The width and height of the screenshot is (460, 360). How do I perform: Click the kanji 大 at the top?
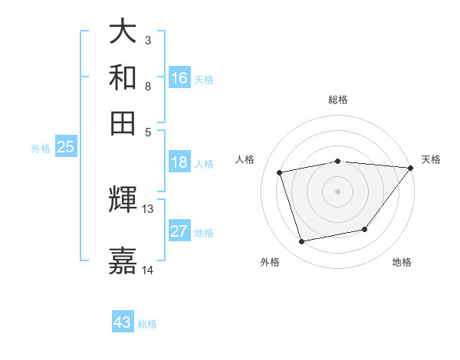point(123,31)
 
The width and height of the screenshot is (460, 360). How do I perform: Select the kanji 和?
point(123,77)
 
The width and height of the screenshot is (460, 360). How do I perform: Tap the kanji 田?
point(123,123)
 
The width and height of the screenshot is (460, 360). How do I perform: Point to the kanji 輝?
point(123,200)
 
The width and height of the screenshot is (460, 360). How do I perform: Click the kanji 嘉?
point(123,260)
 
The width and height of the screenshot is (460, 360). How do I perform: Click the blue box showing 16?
point(179,77)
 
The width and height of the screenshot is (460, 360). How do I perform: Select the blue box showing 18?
point(179,162)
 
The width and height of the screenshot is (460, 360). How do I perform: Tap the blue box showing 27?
point(179,231)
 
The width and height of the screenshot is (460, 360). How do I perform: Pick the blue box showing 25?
point(65,147)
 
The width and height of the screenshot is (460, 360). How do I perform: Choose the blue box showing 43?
point(123,322)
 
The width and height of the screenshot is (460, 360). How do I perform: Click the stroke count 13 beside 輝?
point(148,208)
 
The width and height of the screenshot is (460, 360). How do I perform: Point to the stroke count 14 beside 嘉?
point(148,270)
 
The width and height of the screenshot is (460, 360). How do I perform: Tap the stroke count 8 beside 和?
point(148,86)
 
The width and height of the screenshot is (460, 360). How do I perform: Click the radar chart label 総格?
point(337,100)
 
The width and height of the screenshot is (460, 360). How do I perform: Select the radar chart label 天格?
point(431,159)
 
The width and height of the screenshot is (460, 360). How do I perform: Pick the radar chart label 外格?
point(270,262)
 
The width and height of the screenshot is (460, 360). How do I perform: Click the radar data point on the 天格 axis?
point(411,168)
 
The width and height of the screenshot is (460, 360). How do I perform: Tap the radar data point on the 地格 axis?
point(365,229)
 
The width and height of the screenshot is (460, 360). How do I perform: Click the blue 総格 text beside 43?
point(147,324)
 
